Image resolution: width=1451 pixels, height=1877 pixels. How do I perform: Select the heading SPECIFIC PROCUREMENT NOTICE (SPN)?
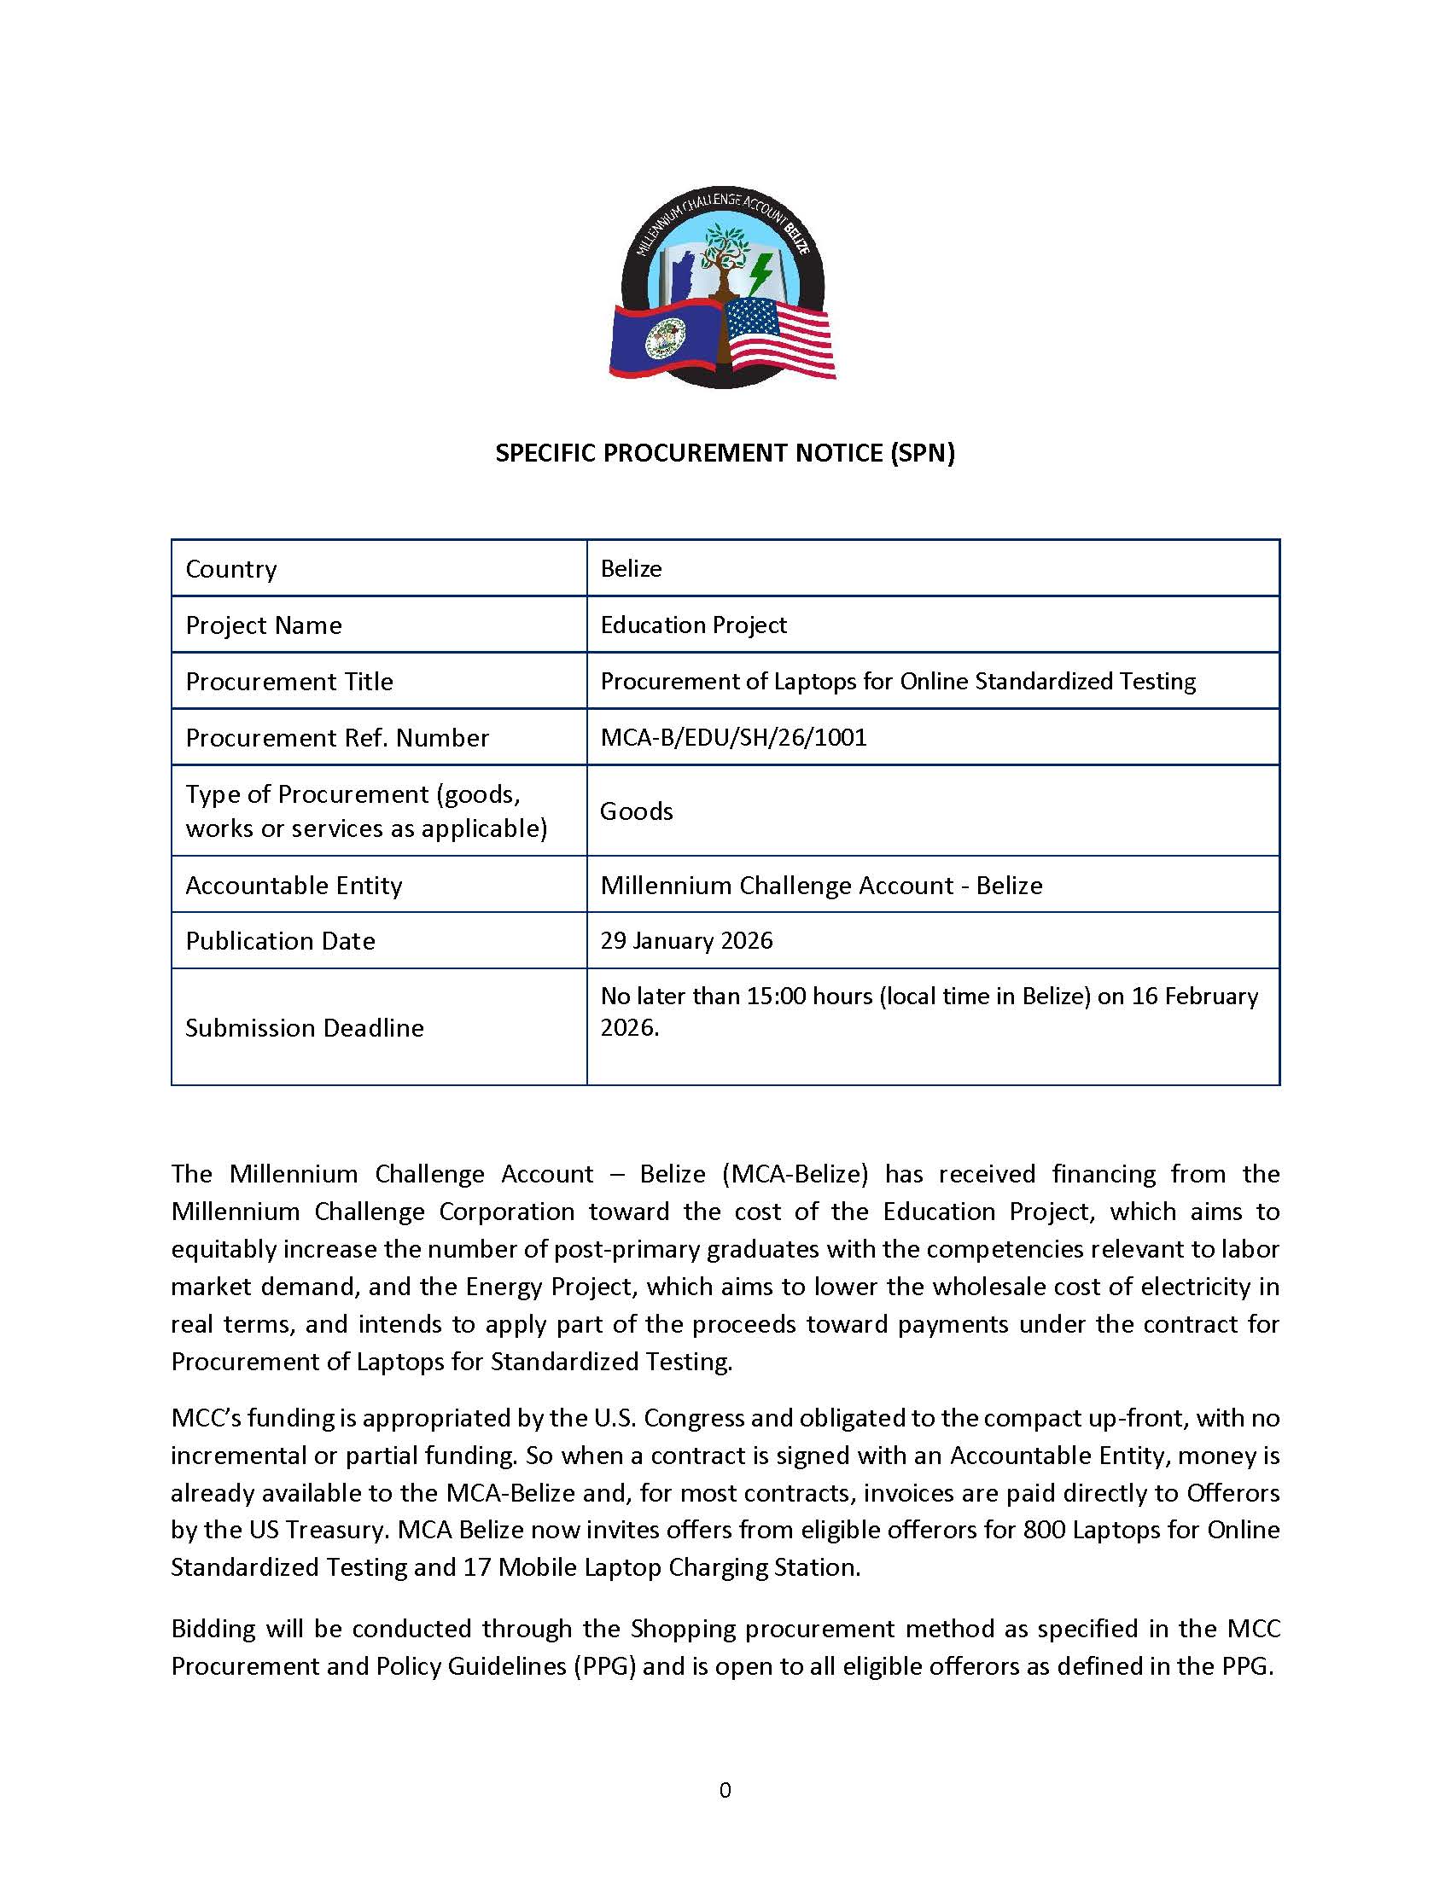pos(725,453)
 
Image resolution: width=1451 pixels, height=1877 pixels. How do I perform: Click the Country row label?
pos(231,569)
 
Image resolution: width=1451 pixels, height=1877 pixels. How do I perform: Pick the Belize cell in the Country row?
pos(631,569)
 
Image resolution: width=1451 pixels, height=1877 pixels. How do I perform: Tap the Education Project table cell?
pos(693,625)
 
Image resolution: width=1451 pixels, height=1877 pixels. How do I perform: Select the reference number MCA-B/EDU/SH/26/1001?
pos(733,737)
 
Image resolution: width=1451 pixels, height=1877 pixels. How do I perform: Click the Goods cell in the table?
pos(636,811)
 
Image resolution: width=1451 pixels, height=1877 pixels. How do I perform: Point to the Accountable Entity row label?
pos(294,886)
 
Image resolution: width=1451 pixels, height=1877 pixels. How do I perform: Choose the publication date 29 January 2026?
pos(686,940)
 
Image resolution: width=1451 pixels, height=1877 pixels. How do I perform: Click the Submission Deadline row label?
pos(305,1028)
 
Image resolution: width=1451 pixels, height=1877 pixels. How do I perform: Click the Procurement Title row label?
pos(288,682)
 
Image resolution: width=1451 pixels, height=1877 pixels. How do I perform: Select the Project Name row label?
pos(263,625)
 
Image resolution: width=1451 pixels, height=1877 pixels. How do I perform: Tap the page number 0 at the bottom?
pos(725,1790)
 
